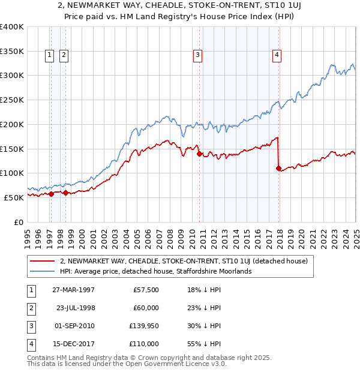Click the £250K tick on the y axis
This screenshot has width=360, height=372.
coord(12,100)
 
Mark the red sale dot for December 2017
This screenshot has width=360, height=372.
coord(278,168)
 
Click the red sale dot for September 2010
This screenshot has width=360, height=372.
coord(199,154)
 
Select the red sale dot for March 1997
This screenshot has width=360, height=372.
coord(51,194)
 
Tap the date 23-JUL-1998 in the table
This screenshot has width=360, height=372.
coord(76,308)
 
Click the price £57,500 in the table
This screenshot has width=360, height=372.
coord(146,290)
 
